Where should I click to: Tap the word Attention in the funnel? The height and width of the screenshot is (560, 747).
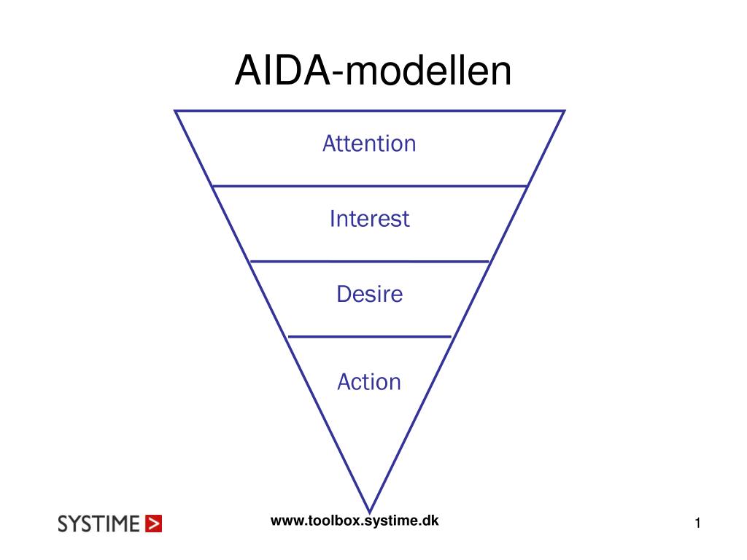click(369, 143)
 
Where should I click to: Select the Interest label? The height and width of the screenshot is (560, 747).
click(369, 219)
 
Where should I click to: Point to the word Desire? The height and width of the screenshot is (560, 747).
click(369, 294)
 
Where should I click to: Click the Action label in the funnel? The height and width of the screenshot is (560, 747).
click(369, 381)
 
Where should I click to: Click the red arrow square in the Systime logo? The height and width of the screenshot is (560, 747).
click(153, 524)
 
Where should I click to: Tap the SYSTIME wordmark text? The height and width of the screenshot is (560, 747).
click(98, 524)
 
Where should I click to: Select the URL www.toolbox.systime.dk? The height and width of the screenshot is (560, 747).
click(355, 520)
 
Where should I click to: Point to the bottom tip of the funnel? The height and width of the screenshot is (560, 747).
click(370, 511)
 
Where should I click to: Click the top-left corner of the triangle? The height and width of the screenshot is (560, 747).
click(175, 111)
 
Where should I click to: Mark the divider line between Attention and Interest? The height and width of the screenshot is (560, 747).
click(369, 186)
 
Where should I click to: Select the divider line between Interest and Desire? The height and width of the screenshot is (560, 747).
click(369, 261)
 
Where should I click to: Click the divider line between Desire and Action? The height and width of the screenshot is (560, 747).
click(369, 337)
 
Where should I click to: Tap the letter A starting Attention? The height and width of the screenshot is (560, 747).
click(328, 144)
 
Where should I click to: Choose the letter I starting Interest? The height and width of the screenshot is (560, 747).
click(333, 219)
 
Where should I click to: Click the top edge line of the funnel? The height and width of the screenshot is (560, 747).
click(369, 111)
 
